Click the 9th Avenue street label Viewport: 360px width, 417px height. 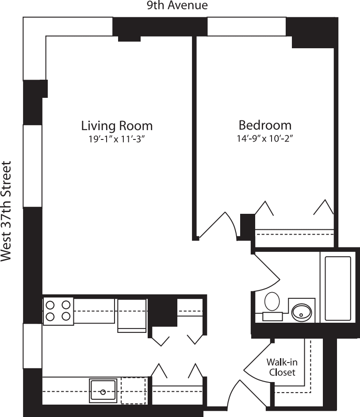(x=177, y=6)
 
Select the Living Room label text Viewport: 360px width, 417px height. (x=117, y=125)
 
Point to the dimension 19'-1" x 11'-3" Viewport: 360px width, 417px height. (x=117, y=139)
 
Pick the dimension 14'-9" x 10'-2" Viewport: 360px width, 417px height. (x=265, y=138)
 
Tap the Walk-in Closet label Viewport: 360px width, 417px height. (x=282, y=367)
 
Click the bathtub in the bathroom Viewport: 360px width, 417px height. (x=338, y=288)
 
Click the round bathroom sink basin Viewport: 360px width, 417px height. (x=302, y=313)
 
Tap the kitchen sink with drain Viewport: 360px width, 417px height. (x=103, y=390)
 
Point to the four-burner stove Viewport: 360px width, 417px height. (x=58, y=310)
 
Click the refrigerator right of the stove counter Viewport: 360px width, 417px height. (x=131, y=315)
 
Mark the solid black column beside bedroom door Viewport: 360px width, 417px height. (x=247, y=225)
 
